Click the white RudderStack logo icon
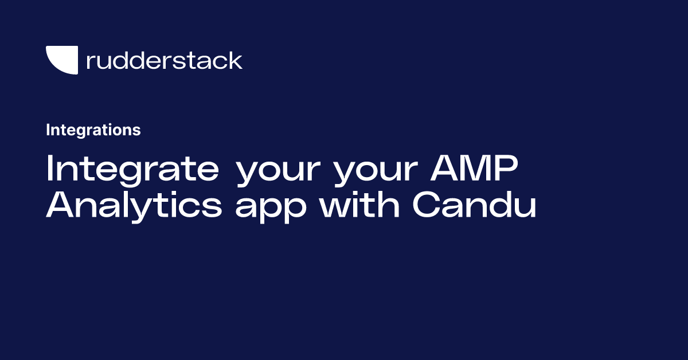tap(62, 60)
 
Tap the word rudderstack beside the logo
tap(165, 60)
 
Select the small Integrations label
tap(93, 130)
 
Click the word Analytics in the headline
tap(134, 206)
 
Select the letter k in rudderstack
tap(236, 60)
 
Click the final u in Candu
tap(525, 208)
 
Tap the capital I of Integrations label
tap(48, 130)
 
